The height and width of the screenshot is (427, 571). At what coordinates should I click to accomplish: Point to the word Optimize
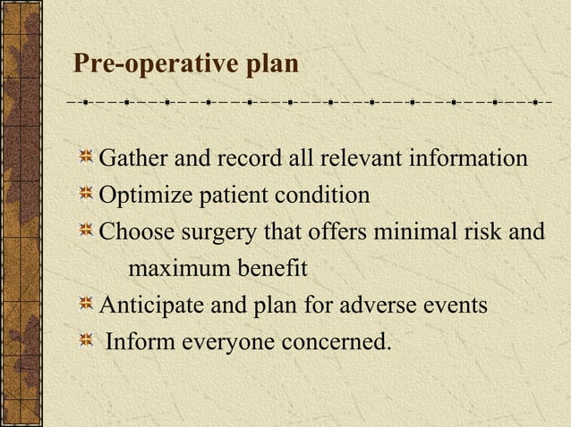coord(141,196)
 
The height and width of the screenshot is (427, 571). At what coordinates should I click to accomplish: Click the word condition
coord(324,196)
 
